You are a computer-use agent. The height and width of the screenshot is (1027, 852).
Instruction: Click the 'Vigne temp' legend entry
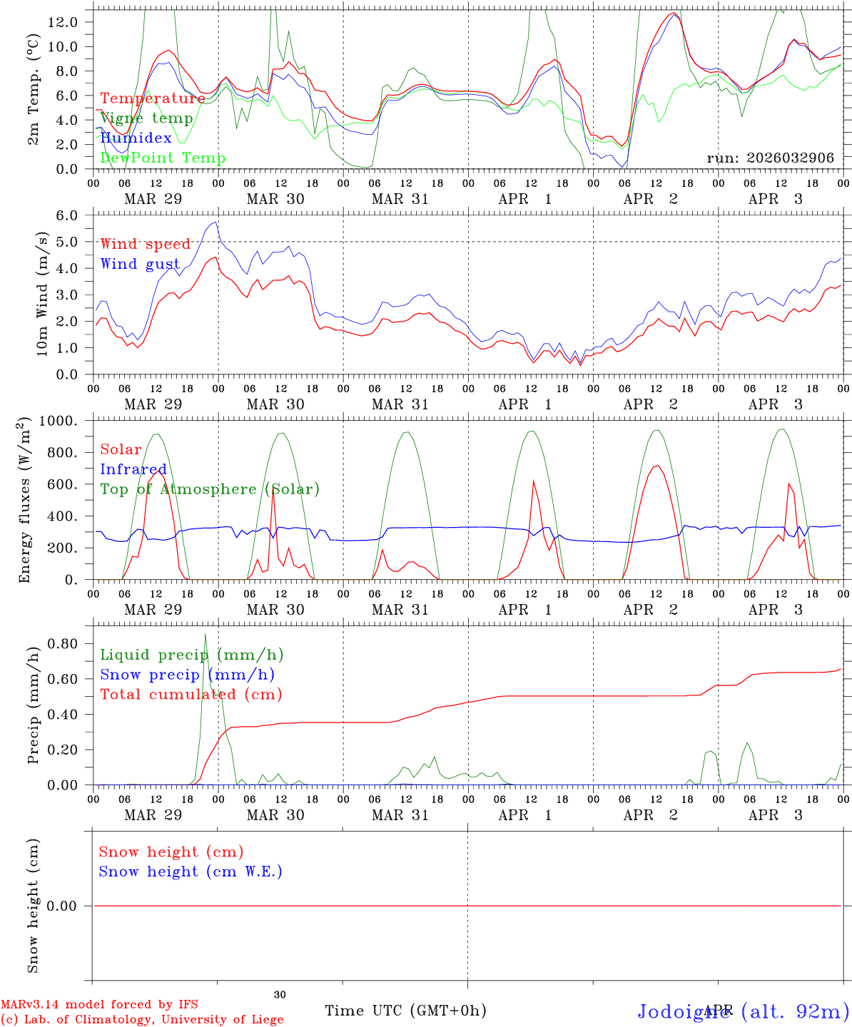[x=146, y=118]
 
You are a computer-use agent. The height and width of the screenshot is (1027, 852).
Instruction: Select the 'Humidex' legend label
[x=136, y=138]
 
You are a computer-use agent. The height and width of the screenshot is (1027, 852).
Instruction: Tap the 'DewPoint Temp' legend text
[x=163, y=158]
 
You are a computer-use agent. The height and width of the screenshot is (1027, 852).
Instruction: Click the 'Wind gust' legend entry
[x=140, y=265]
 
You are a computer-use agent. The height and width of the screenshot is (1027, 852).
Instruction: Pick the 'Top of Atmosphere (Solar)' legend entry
[x=210, y=489]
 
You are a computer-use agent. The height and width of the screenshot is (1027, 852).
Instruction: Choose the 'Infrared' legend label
[x=133, y=469]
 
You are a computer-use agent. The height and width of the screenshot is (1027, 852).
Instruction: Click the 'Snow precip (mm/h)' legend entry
[x=187, y=675]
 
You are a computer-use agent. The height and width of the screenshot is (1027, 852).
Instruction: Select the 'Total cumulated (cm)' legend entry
[x=191, y=695]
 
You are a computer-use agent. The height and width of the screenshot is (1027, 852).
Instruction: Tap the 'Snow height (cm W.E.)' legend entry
[x=191, y=872]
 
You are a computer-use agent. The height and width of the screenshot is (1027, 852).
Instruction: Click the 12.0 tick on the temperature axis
[x=63, y=22]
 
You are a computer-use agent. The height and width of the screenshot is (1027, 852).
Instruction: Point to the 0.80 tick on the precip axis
[x=63, y=643]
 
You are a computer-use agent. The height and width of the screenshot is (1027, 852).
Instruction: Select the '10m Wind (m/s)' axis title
[x=43, y=294]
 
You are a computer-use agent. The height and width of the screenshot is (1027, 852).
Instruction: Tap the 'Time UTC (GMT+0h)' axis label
[x=405, y=1011]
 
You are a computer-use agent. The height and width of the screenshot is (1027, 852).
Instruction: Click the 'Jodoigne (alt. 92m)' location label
[x=743, y=1011]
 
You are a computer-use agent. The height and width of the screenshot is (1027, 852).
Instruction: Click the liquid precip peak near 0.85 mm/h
[x=206, y=634]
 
